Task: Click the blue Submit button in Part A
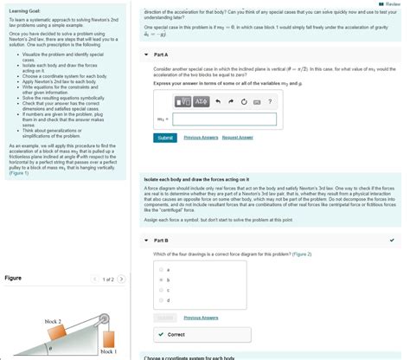pyautogui.click(x=164, y=138)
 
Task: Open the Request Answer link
pyautogui.click(x=238, y=138)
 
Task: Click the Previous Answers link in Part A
pyautogui.click(x=201, y=138)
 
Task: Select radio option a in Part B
pyautogui.click(x=161, y=270)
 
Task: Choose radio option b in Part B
pyautogui.click(x=161, y=280)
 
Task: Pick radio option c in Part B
pyautogui.click(x=161, y=291)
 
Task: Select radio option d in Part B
pyautogui.click(x=161, y=300)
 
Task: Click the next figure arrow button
pyautogui.click(x=122, y=280)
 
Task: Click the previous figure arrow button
pyautogui.click(x=93, y=280)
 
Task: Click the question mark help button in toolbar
pyautogui.click(x=270, y=103)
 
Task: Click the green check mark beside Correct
pyautogui.click(x=162, y=334)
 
